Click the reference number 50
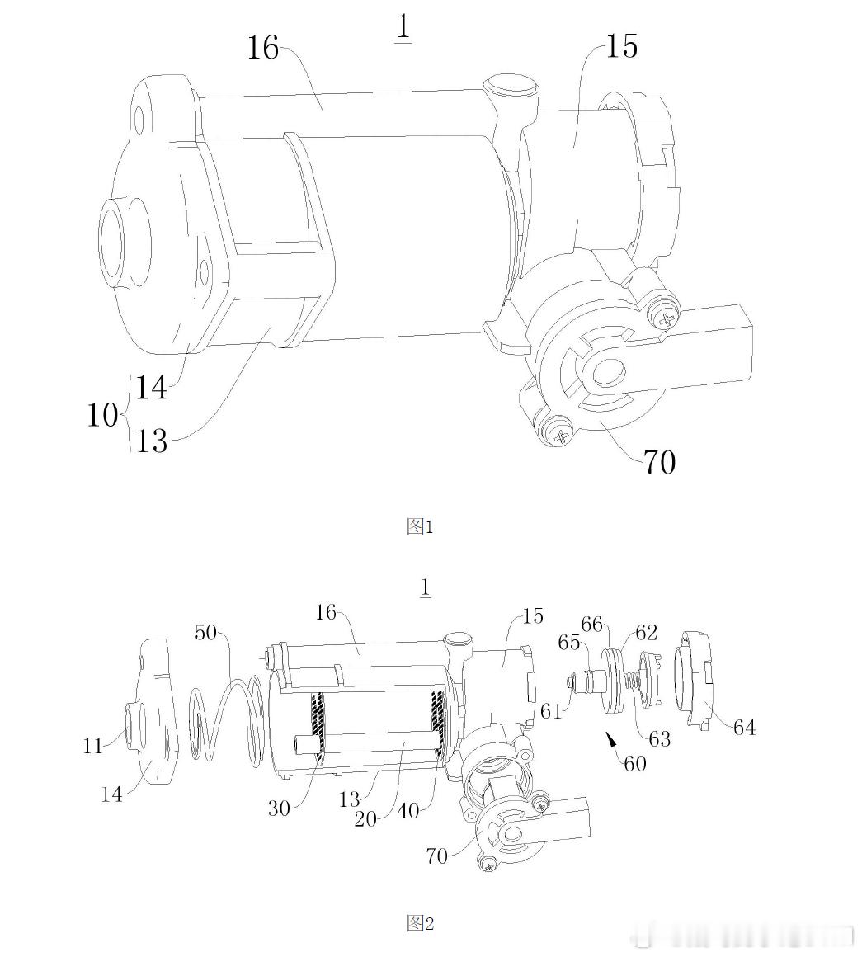206,632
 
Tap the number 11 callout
92,746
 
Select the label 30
279,808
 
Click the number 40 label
408,810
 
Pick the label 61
551,711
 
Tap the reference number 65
568,643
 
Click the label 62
646,632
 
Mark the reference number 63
659,739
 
